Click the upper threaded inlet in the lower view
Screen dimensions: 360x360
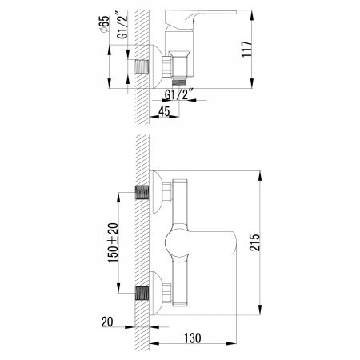143,194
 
